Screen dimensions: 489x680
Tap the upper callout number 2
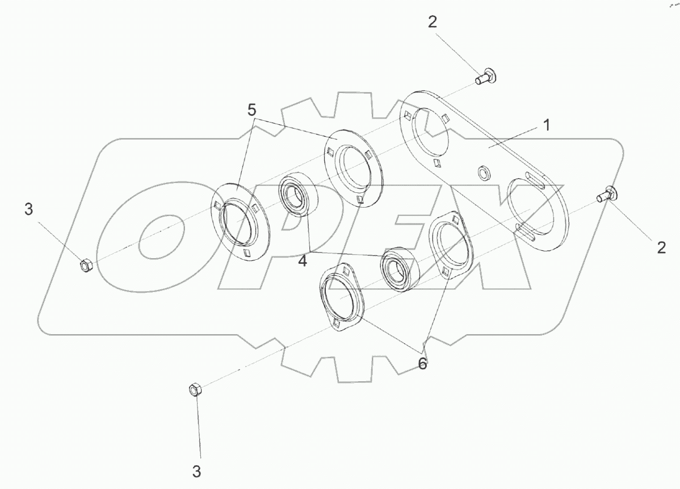[433, 23]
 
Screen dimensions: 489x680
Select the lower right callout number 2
[661, 247]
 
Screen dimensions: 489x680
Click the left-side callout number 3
[28, 210]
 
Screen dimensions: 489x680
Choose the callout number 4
[303, 260]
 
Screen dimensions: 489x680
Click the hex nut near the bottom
[194, 390]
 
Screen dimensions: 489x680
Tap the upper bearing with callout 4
[296, 196]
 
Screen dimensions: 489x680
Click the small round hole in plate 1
[484, 170]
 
